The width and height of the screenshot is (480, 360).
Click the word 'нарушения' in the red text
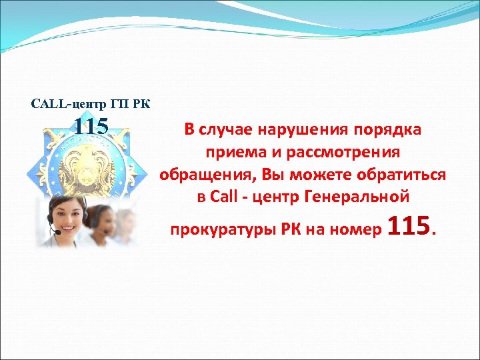(x=299, y=129)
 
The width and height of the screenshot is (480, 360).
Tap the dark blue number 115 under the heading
(x=91, y=125)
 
